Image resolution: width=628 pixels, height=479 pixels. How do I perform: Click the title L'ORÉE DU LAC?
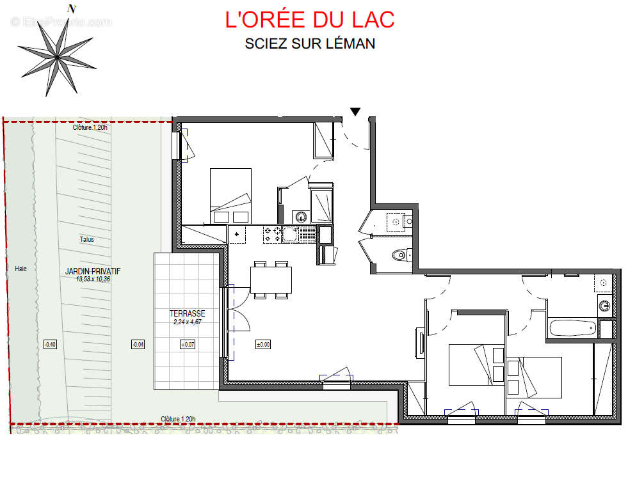coord(310,19)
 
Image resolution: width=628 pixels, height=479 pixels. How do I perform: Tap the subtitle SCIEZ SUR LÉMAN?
coord(310,44)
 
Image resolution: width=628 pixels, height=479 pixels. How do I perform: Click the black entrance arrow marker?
coord(355,112)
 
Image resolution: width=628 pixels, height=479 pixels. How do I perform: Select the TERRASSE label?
coord(188,313)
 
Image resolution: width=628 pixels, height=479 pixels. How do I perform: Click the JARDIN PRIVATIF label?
coord(93,271)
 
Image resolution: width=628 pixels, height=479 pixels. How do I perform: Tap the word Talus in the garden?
coord(86,239)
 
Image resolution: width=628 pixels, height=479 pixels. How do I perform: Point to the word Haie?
coord(21,269)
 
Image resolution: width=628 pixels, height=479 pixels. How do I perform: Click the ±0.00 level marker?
coord(263,344)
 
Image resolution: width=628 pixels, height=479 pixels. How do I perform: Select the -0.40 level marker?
coord(50,345)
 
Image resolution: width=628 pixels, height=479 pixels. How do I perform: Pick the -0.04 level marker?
coord(138,345)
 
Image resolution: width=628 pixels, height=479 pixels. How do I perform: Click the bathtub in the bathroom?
coord(573,328)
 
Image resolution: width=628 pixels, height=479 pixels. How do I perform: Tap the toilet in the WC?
coord(400,255)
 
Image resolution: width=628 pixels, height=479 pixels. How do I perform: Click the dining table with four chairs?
coord(271,279)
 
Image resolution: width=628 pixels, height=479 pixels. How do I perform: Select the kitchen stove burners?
coord(271,235)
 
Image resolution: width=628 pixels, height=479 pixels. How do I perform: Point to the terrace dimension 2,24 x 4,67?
coord(188,322)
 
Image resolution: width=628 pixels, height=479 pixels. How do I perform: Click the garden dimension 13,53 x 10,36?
coord(93,279)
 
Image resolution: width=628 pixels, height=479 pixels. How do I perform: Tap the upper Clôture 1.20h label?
coord(90,127)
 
